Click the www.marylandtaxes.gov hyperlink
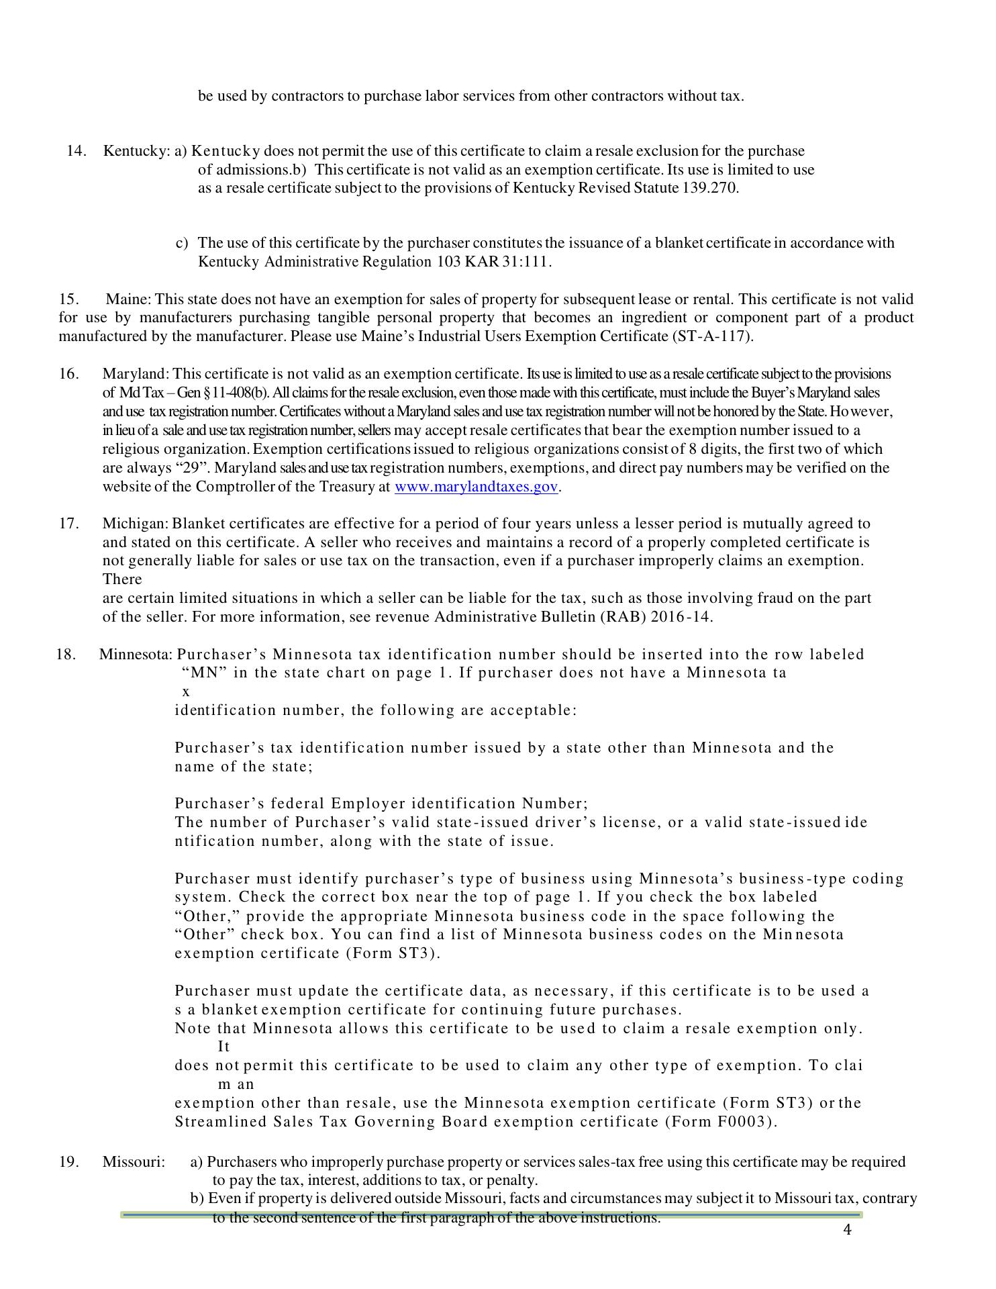476,487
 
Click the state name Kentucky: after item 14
136,151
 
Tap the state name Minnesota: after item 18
136,655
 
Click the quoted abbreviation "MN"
205,673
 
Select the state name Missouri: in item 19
134,1162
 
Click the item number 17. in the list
69,524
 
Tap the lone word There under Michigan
122,579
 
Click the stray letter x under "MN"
186,691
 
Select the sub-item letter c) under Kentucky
182,243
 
